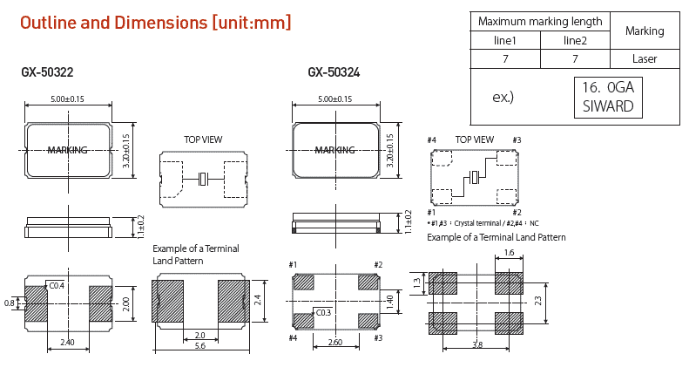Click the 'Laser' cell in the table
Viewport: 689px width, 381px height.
tap(645, 59)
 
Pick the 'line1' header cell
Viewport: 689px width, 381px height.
tap(505, 41)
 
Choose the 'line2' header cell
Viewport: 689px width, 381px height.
tap(575, 41)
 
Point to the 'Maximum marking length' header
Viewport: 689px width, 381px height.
tap(540, 21)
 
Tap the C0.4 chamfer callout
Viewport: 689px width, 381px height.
tap(57, 286)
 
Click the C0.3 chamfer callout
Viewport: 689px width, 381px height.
tap(323, 312)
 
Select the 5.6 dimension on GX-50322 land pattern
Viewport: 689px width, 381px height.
tap(201, 347)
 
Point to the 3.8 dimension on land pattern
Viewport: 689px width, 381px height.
tap(476, 344)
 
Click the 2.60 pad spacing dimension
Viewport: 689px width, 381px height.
tap(335, 344)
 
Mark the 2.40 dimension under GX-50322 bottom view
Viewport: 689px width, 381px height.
tap(68, 344)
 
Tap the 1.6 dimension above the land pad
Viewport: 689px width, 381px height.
tap(509, 254)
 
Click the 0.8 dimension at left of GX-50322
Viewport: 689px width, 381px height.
tap(10, 303)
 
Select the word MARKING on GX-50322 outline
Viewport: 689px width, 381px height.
tap(67, 150)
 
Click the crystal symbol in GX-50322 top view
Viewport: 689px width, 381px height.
tap(203, 180)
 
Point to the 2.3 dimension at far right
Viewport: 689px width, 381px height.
tap(539, 301)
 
